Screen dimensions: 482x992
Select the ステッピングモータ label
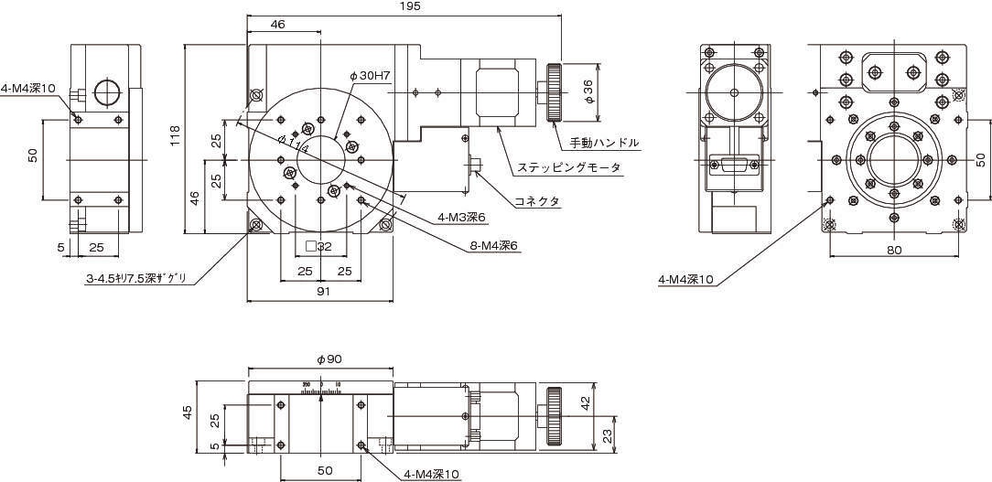568,167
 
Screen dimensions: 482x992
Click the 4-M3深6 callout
462,218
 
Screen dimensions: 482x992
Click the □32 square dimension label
318,245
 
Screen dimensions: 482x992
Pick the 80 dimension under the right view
894,250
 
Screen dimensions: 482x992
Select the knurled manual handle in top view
554,92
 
